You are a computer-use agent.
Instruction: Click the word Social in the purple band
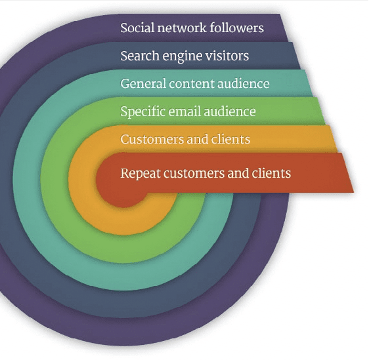tap(137, 28)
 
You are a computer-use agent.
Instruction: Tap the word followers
tap(236, 28)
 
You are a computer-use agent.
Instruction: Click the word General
tap(143, 84)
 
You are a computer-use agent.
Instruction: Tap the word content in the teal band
tap(192, 84)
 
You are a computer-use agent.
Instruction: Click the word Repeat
tap(141, 174)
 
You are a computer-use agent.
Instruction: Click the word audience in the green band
tap(230, 111)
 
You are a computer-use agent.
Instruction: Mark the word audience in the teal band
tap(244, 84)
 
